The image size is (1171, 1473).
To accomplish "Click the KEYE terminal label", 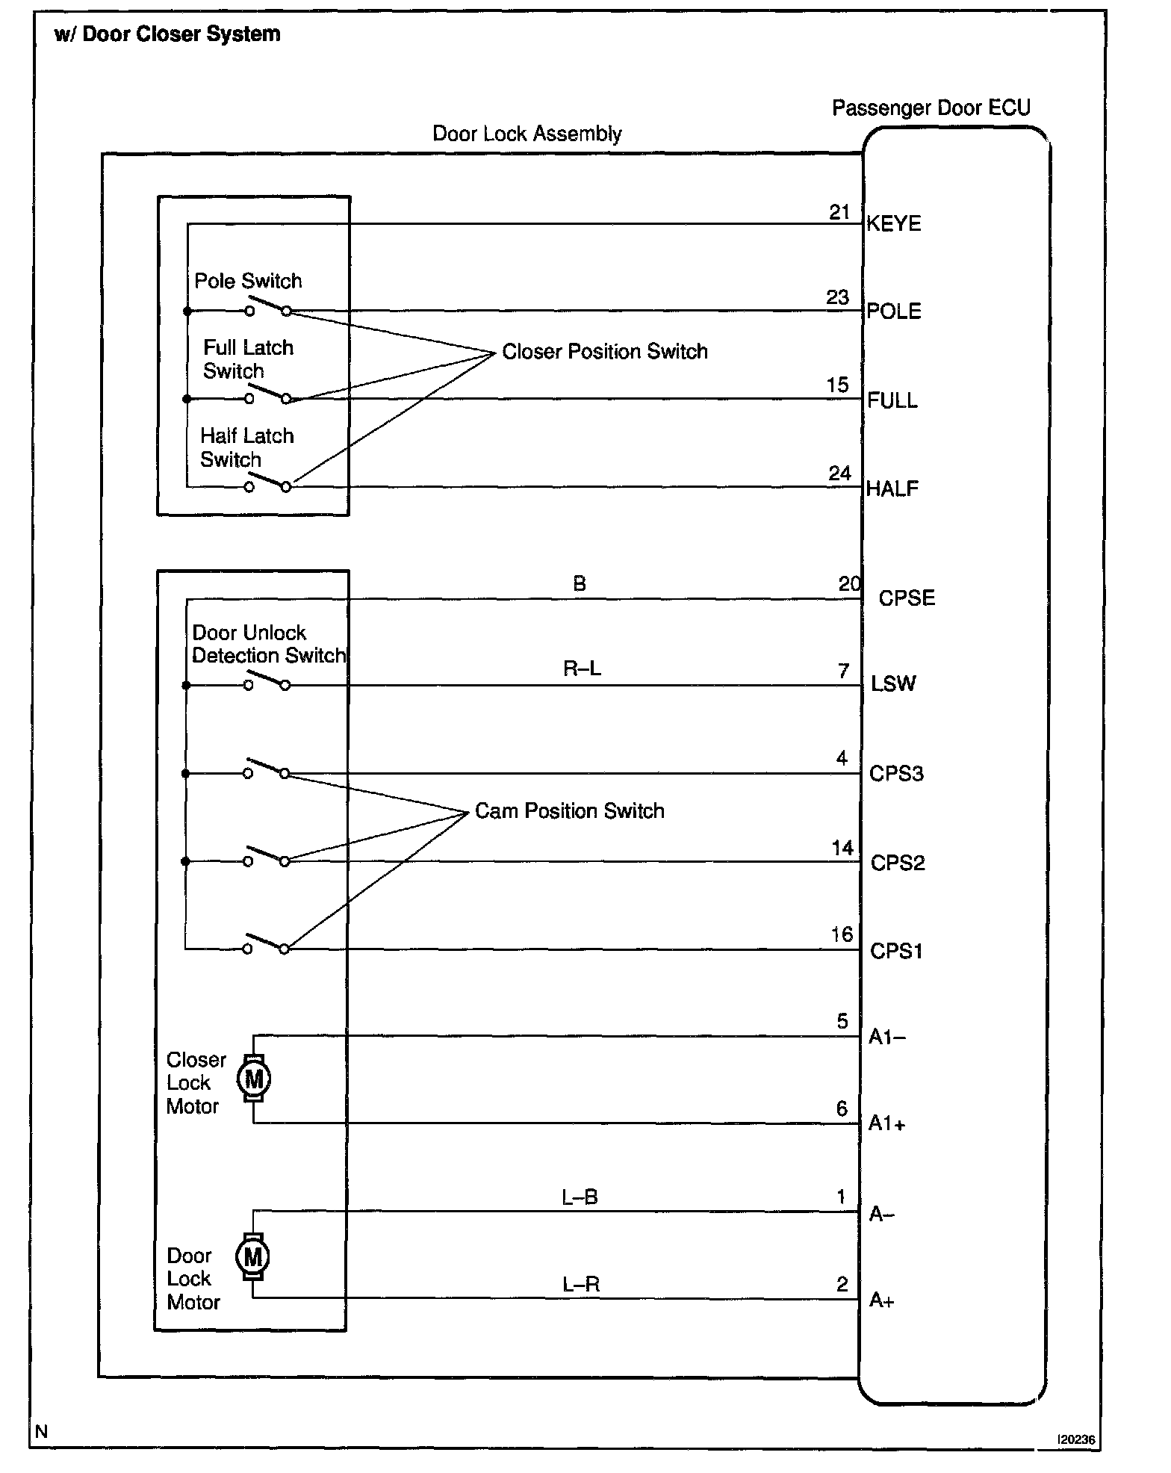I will pos(893,224).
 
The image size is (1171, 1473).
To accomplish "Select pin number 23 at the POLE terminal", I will pos(837,297).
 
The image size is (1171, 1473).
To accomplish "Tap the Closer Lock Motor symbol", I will pos(254,1079).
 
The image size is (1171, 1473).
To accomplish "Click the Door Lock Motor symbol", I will pos(252,1256).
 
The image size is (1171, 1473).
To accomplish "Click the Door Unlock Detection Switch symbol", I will pos(267,681).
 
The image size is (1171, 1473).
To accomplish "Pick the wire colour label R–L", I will pos(582,669).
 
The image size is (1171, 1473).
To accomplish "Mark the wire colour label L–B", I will pos(580,1197).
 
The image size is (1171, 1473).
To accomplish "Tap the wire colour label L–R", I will pos(581,1285).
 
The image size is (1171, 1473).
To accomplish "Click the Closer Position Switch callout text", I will pos(604,352).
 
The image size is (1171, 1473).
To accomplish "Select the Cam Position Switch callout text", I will pos(569,811).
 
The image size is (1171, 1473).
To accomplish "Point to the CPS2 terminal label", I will pos(898,863).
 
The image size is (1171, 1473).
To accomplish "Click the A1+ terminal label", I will pos(886,1124).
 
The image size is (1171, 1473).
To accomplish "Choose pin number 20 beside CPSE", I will pos(849,584).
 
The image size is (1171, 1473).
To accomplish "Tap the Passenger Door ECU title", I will pos(931,108).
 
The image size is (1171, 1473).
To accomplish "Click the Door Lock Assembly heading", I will pos(527,134).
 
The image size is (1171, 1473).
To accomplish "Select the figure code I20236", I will pos(1076,1440).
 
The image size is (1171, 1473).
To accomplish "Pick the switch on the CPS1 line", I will pos(266,945).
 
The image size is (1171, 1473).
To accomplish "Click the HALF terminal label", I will pos(892,489).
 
